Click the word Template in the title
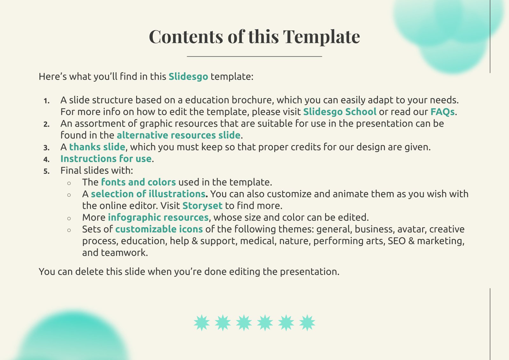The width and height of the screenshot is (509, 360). tap(321, 37)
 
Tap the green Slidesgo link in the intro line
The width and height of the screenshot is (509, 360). tap(188, 77)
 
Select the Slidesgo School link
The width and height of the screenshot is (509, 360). tap(340, 112)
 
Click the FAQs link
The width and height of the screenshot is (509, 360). tap(443, 112)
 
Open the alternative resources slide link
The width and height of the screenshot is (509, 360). tap(178, 135)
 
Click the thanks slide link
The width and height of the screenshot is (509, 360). tap(97, 147)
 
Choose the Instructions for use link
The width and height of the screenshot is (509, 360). tap(106, 159)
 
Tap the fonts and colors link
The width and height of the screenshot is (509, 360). tap(138, 182)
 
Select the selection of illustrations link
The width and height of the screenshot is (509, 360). tap(148, 194)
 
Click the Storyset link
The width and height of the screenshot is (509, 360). tap(202, 206)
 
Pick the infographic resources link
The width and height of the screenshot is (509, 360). tap(158, 218)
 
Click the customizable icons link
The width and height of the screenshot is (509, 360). tap(159, 229)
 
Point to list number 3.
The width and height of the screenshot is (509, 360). tap(46, 148)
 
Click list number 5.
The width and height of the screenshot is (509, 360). tap(46, 171)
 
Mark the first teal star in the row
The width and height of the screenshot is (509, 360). tap(202, 323)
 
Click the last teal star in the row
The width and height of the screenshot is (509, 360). tap(307, 323)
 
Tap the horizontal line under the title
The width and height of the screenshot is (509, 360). tap(254, 56)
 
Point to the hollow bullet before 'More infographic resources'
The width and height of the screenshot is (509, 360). tap(69, 219)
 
